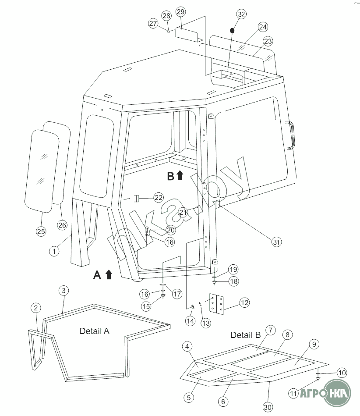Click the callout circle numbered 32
pos(241,14)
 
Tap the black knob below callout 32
pos(232,31)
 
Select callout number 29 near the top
pos(180,12)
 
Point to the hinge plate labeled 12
pos(217,304)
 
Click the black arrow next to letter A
pos(109,274)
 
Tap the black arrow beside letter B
pos(180,175)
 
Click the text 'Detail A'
pos(94,331)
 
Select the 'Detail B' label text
pos(246,335)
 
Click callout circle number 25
pos(41,231)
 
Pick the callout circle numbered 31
pos(276,242)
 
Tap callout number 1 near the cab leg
pos(54,251)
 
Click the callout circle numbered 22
pos(159,198)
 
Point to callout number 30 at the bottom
pos(268,407)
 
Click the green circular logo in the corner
pos(338,393)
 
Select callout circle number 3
pos(64,291)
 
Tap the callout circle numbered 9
pos(314,344)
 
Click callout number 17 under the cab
pos(177,294)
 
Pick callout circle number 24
pos(263,27)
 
